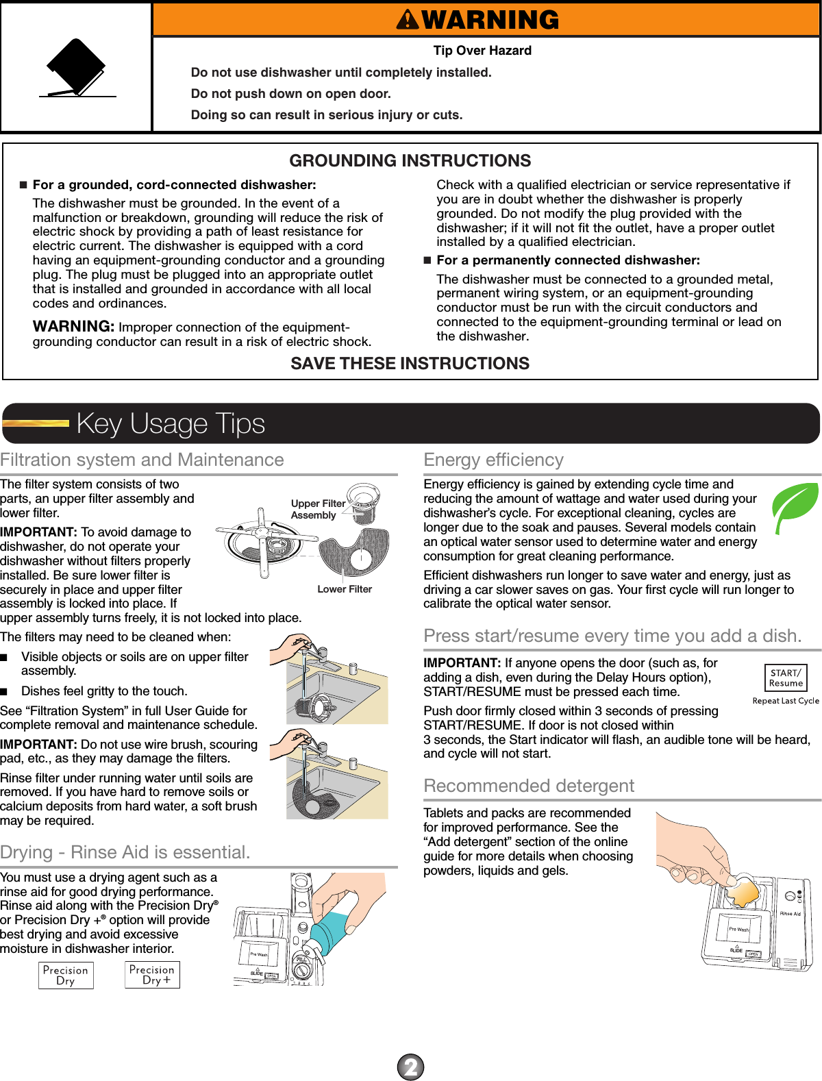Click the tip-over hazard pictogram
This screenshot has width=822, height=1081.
coord(77,68)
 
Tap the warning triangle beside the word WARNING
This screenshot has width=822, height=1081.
coord(408,20)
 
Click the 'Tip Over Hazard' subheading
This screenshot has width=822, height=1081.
coord(482,51)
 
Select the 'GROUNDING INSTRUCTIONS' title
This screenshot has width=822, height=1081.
coord(410,161)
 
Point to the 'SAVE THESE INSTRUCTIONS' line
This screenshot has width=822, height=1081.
coord(410,364)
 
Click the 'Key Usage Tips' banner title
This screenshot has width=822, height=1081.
coord(171,423)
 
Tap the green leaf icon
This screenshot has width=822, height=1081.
coord(795,506)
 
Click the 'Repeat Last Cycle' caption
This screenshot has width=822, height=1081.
coord(786,701)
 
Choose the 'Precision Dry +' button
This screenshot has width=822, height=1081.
coord(152,975)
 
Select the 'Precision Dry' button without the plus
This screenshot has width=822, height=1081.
coord(66,976)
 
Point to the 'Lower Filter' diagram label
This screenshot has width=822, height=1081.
coord(345,589)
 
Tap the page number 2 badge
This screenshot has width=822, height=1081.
coord(411,1067)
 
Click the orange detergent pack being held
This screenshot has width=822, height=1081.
coord(743,891)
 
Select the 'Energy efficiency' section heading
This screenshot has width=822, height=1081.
coord(494,460)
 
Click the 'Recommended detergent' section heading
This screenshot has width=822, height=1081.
coord(529,786)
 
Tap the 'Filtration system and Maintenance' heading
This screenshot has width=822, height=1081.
coord(142,460)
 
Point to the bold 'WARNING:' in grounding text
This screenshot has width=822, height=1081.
coord(73,327)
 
